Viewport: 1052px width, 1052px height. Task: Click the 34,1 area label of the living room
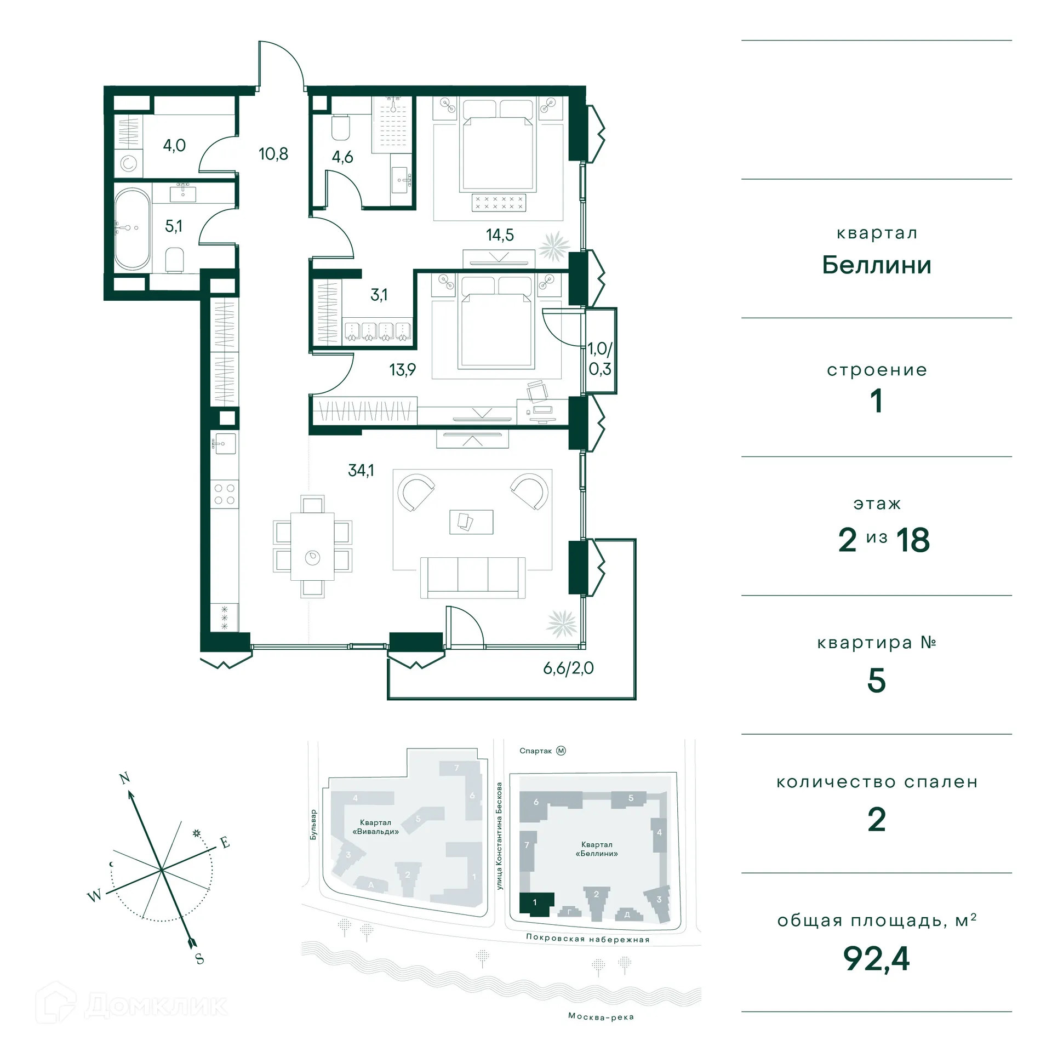[361, 470]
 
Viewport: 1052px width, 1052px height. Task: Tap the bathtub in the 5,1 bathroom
[132, 228]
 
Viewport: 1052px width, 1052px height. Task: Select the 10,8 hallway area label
[273, 154]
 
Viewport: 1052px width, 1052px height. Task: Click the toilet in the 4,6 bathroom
[341, 128]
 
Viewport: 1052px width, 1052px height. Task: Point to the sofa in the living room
[472, 578]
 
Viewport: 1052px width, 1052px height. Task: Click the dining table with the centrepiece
[312, 546]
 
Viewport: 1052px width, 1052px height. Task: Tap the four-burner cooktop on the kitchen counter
[224, 494]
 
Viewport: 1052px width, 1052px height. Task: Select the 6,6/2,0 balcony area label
[568, 668]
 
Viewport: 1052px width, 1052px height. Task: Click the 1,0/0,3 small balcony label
[599, 359]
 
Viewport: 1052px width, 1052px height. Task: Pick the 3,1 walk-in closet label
[379, 295]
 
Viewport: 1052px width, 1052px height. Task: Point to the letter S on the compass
[199, 958]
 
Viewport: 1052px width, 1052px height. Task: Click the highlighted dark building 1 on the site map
[535, 902]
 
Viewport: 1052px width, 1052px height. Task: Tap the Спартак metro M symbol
[561, 751]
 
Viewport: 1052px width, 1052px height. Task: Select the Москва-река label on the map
[601, 1016]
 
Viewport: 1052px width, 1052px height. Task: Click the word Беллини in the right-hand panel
[876, 265]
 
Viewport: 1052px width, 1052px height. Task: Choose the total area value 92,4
[876, 958]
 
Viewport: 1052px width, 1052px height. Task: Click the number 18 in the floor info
[913, 540]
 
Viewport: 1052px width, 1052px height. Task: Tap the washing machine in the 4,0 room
[128, 163]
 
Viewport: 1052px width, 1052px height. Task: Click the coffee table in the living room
[471, 522]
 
